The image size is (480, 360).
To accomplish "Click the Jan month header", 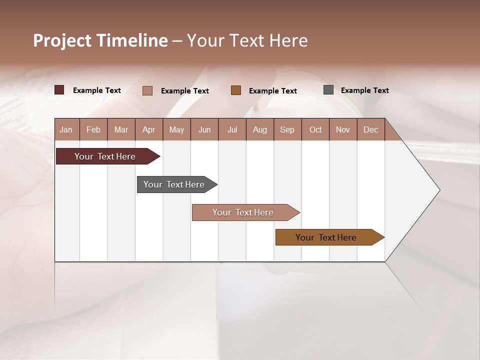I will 66,130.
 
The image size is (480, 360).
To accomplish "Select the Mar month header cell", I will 121,130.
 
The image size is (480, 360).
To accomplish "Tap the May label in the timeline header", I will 176,130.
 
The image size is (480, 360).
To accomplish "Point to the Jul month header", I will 232,130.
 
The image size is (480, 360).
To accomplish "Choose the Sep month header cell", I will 287,130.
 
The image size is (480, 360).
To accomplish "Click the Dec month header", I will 370,130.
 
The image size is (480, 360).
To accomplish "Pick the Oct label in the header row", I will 315,130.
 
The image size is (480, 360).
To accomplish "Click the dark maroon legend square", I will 59,90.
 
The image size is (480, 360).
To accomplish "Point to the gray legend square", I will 328,90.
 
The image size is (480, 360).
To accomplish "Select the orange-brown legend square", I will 236,90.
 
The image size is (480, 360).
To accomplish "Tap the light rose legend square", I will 147,90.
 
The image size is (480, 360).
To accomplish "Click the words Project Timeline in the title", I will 100,40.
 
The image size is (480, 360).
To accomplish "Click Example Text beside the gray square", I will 364,90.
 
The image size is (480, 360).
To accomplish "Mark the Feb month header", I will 93,130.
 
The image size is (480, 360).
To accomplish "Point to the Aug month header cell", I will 259,130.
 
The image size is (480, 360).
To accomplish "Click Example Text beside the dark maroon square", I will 96,90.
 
